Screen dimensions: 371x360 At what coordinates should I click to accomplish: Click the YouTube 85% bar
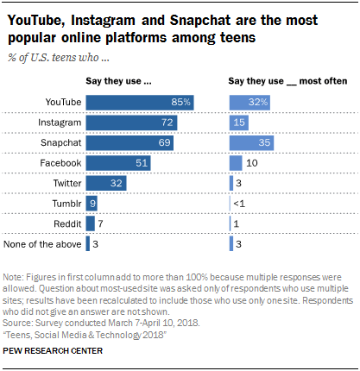pos(140,103)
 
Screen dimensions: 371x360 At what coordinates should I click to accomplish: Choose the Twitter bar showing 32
pos(106,183)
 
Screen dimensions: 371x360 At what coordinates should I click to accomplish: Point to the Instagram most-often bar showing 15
pos(238,123)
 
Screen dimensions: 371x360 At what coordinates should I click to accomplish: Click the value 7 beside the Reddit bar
pos(100,223)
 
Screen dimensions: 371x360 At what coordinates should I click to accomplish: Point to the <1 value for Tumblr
pos(238,203)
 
